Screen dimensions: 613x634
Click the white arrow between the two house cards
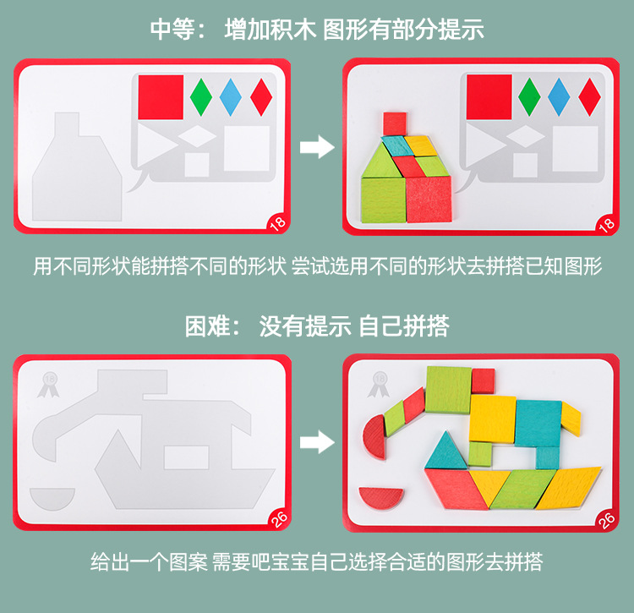click(x=318, y=148)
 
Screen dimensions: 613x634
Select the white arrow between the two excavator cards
click(x=318, y=441)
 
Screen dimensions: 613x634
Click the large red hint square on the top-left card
click(x=161, y=96)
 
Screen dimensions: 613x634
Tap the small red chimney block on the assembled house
click(x=395, y=123)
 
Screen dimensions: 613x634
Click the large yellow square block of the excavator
click(x=493, y=418)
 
